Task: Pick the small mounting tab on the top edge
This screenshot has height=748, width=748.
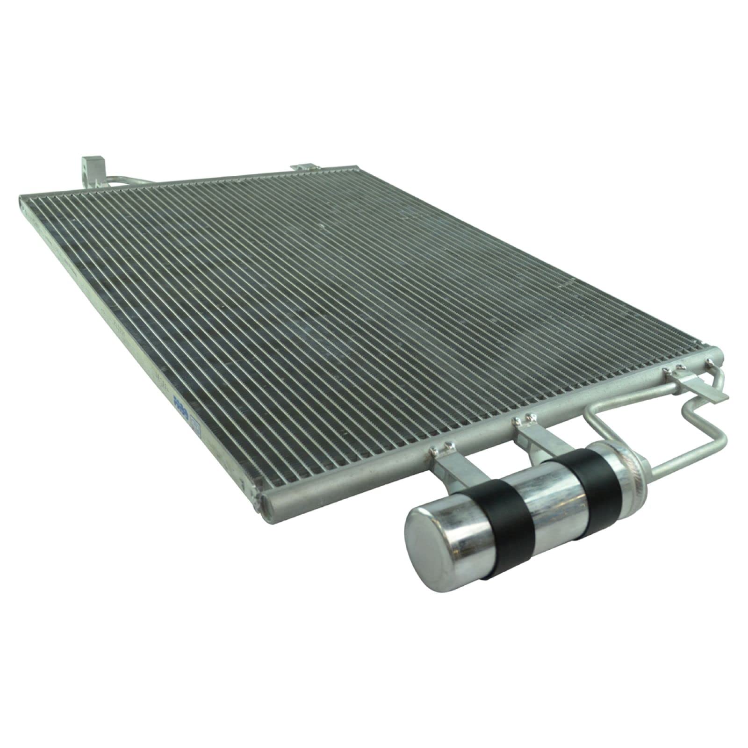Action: click(303, 166)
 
